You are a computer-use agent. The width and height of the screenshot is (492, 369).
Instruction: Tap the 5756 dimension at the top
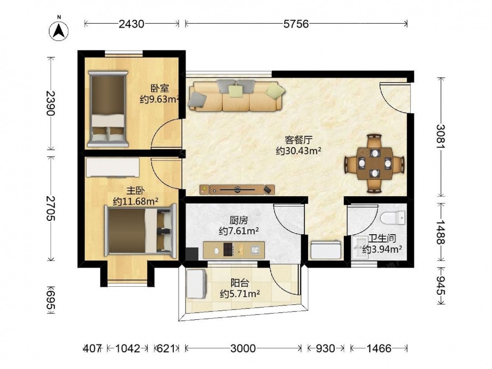click(x=296, y=24)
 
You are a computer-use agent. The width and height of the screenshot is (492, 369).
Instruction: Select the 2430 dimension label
click(x=131, y=24)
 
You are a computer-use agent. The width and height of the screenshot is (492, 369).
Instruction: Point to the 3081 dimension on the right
click(x=441, y=137)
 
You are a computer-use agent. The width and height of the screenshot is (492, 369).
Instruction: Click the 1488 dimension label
click(x=441, y=232)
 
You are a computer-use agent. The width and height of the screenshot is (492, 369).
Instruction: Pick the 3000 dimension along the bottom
click(x=243, y=348)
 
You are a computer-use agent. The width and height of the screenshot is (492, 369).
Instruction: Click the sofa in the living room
click(x=237, y=95)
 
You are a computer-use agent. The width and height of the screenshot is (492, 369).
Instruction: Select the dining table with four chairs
click(x=374, y=163)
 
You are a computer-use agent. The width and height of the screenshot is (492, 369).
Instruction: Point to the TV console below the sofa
click(x=237, y=189)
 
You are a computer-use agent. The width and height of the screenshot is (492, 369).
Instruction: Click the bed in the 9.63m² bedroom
click(x=108, y=109)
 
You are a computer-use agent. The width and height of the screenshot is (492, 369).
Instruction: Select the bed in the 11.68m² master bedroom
click(x=141, y=229)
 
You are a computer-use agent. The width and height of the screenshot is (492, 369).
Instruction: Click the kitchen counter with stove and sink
click(x=234, y=250)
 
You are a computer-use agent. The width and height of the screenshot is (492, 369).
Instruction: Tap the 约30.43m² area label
click(x=299, y=151)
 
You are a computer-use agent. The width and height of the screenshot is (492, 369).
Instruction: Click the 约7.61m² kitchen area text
click(x=239, y=231)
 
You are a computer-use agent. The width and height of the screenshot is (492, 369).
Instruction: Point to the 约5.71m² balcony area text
click(x=240, y=294)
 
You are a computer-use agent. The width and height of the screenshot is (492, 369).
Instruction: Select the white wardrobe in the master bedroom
click(x=113, y=167)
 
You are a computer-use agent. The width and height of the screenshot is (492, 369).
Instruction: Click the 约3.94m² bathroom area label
click(x=382, y=249)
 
